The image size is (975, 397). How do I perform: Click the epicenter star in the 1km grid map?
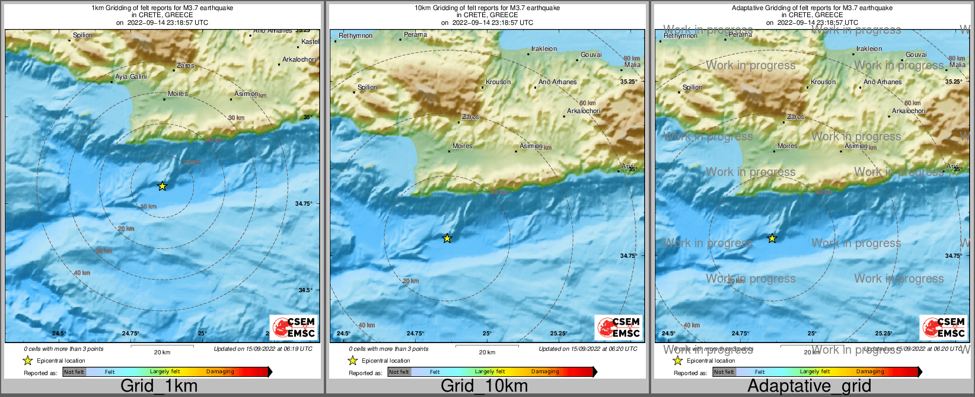coord(162,186)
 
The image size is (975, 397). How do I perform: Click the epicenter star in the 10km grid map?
coord(447,239)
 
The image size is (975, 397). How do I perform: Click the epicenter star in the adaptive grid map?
coord(772,239)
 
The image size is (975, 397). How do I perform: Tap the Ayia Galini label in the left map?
coord(130,76)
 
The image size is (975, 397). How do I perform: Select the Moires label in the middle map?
coord(463,146)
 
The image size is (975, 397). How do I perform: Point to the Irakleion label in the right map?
coord(869,49)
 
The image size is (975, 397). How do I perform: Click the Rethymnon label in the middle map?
coord(355,36)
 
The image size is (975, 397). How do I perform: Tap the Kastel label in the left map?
coord(310,41)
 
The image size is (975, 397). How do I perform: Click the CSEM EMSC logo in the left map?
coord(294,328)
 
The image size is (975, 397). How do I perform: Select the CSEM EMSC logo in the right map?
coord(944,328)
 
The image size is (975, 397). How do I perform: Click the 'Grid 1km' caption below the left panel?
coord(159,386)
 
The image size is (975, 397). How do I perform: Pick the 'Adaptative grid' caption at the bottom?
coord(809,386)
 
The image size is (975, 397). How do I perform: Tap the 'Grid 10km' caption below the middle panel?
coord(484,386)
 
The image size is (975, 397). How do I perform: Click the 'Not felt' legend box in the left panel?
coord(74,372)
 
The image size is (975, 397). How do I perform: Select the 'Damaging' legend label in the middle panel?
coord(545,372)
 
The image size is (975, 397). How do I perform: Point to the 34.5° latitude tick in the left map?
coord(305,290)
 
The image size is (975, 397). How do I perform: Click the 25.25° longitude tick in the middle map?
coord(559,333)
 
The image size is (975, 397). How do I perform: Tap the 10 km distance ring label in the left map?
coord(149,206)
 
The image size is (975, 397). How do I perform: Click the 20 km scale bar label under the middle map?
coord(487,352)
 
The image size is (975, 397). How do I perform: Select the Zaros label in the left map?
coord(186,65)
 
